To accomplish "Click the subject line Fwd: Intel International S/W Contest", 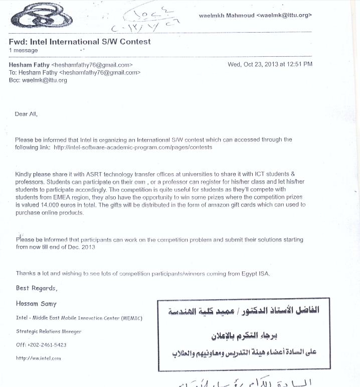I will click(x=80, y=42).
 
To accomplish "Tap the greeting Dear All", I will click(x=26, y=114).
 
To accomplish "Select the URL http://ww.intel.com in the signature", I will click(x=39, y=358).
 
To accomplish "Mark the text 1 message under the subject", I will click(x=23, y=51).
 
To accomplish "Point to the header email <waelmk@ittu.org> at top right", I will click(x=284, y=16).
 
